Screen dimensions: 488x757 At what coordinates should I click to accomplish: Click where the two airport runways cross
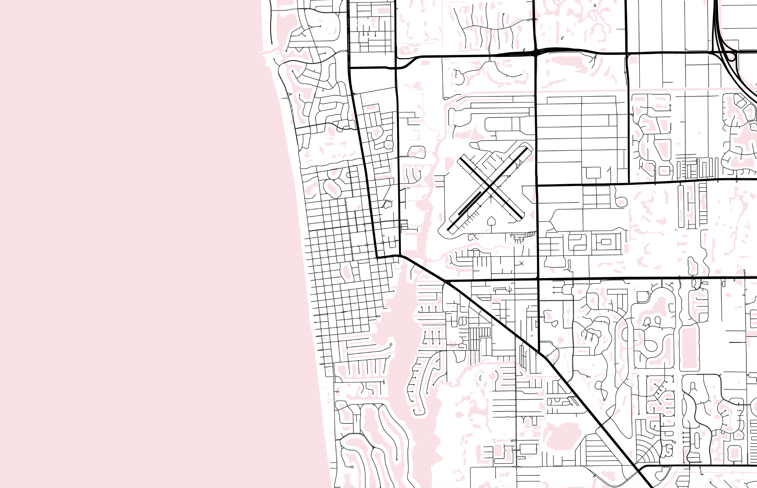click(489, 186)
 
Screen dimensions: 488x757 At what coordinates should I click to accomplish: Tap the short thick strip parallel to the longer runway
click(469, 203)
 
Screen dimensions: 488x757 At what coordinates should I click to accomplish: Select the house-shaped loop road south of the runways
click(491, 221)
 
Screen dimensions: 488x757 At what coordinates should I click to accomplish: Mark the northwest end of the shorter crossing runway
click(461, 158)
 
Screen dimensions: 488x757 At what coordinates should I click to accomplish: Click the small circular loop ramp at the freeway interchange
click(731, 57)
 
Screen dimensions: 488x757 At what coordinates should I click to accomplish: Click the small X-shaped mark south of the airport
click(522, 263)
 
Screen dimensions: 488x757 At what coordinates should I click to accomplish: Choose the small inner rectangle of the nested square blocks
click(606, 242)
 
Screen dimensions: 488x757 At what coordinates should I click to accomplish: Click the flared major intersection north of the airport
click(536, 52)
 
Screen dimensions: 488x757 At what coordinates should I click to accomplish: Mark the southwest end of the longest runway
click(448, 229)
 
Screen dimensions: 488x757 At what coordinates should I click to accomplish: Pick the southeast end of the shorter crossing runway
click(522, 219)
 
